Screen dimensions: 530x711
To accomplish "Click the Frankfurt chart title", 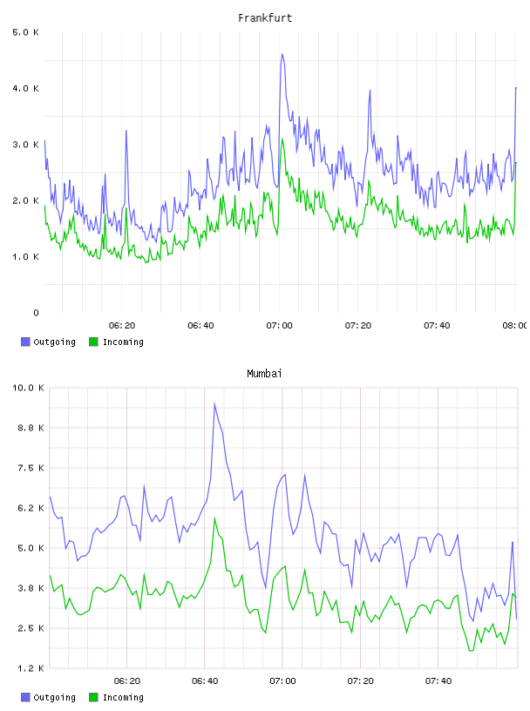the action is (265, 18).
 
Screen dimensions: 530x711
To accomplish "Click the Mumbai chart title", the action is (264, 374).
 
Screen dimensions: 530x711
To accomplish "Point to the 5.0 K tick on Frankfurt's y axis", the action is (26, 32).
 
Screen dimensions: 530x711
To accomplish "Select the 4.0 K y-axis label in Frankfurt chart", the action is (26, 88).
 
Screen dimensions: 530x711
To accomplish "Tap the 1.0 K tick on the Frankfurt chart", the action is (26, 257).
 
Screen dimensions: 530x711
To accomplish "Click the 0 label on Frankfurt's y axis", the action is (37, 313).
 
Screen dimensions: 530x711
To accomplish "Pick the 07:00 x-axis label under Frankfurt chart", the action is (280, 326).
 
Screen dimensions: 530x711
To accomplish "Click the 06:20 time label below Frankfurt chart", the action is (122, 326).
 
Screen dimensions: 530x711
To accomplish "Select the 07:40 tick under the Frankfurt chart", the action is (437, 326).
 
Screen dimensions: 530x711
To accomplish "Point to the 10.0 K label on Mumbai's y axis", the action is (28, 388).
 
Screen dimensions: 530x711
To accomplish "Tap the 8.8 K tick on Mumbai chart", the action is (31, 428).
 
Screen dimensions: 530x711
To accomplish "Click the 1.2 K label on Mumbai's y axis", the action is (31, 668).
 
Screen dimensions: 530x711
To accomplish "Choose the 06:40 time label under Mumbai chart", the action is (205, 681).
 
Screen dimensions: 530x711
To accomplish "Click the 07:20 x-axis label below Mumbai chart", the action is (361, 681).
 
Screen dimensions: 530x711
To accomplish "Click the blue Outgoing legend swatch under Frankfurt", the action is (25, 342).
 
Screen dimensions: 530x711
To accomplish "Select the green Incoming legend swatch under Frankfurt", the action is (93, 342).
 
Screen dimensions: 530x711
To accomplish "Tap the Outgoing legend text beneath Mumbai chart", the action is (54, 697).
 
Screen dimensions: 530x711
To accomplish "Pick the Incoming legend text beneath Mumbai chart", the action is (123, 697).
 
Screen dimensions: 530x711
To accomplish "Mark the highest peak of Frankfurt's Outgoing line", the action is (282, 54).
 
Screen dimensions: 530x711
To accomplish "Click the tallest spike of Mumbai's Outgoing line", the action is (214, 403).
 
